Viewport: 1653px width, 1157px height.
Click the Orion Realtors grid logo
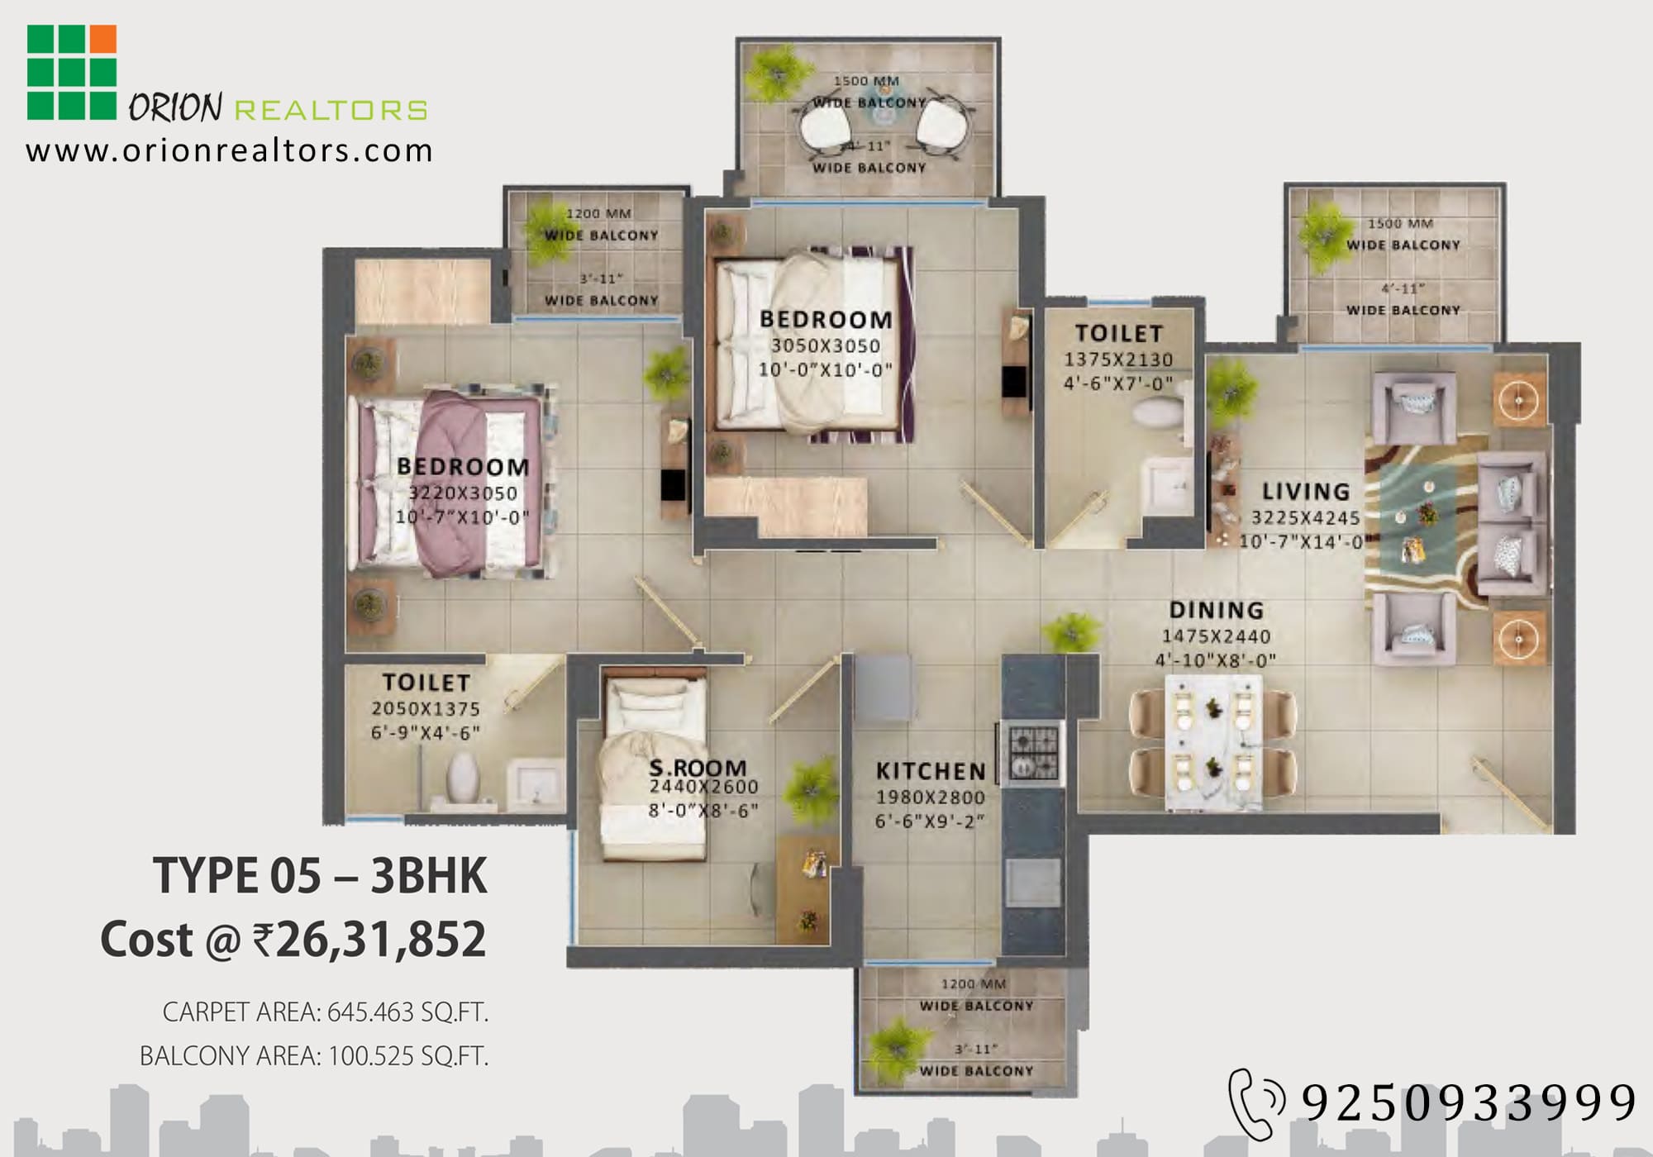coord(72,72)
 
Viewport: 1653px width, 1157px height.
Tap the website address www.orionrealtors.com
coord(229,151)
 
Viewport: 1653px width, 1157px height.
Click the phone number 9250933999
coord(1469,1102)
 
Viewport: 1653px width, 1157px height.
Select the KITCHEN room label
coord(931,771)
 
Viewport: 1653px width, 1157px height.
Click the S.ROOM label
coord(698,768)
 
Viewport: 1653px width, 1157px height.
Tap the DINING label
coord(1216,610)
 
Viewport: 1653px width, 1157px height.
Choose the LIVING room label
coord(1306,492)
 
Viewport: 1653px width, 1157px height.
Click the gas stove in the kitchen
coord(1032,753)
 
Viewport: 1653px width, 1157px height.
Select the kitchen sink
coord(1032,883)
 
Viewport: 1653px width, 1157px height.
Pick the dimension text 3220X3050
coord(463,493)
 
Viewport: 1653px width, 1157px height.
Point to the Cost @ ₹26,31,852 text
coord(293,940)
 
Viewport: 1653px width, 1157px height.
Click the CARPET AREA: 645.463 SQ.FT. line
coord(325,1012)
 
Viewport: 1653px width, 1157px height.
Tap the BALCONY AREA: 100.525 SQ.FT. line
coord(313,1056)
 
